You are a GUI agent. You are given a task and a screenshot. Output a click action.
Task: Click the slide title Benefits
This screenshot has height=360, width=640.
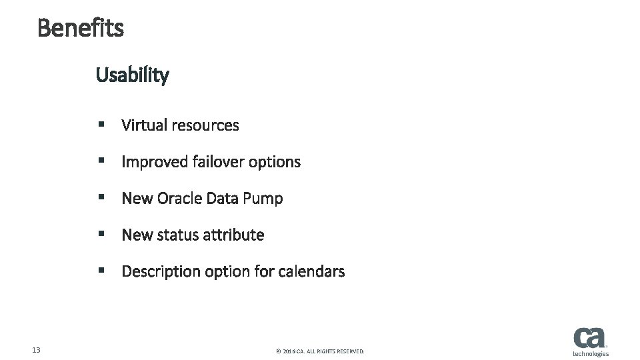click(81, 28)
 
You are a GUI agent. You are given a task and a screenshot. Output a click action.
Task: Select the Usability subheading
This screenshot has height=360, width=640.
click(133, 75)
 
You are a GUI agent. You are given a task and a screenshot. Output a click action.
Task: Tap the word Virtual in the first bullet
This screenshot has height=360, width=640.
click(144, 125)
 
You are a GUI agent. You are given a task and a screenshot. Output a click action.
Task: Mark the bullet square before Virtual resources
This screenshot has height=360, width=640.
click(101, 125)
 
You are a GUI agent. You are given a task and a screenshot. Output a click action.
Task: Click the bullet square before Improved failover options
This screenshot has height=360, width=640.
click(101, 161)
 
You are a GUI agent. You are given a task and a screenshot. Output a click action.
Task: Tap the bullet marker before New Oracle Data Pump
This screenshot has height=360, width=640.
click(101, 198)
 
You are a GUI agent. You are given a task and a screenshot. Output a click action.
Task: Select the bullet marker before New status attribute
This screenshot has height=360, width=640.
click(101, 235)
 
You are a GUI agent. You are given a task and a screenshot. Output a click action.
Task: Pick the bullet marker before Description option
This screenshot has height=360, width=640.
click(101, 271)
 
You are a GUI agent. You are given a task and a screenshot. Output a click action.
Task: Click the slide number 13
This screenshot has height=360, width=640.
click(37, 350)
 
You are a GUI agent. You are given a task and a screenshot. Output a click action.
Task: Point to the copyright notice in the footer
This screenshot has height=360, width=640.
click(320, 351)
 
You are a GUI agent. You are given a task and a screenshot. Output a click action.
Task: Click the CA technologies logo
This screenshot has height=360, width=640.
click(590, 342)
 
